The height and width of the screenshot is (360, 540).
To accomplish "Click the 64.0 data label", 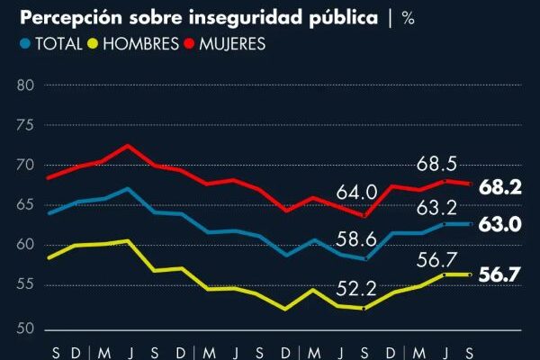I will [357, 193].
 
